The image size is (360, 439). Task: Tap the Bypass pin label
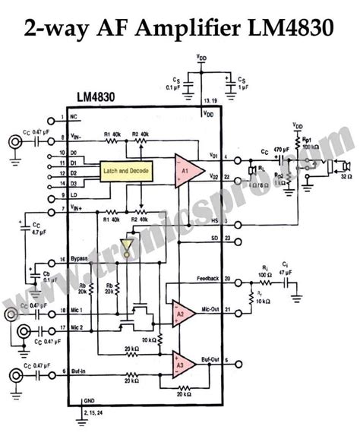click(x=81, y=259)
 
